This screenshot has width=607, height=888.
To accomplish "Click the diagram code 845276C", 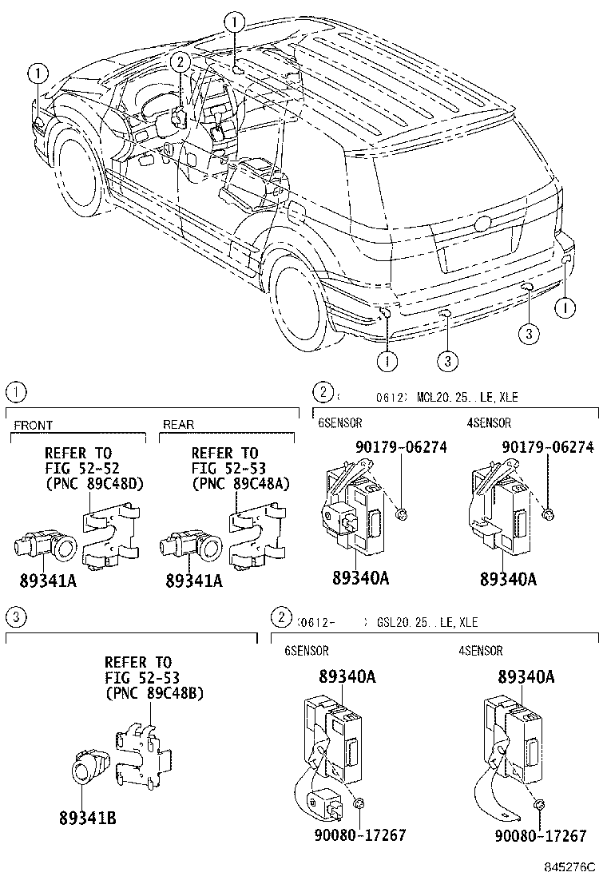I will point(572,866).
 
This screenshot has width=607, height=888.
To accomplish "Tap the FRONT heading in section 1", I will point(33,425).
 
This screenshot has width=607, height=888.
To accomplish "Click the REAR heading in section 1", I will point(178,425).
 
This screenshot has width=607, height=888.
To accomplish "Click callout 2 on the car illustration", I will point(181,61).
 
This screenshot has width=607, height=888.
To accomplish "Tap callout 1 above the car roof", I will point(233,21).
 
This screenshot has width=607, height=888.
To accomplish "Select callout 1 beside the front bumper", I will point(37,73).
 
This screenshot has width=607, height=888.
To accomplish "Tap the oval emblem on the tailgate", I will point(482,224).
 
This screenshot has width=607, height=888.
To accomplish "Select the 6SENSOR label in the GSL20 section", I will point(307,650).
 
